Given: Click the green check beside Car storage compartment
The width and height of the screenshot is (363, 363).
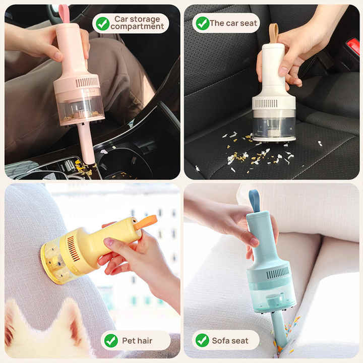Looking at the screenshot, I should pyautogui.click(x=102, y=23).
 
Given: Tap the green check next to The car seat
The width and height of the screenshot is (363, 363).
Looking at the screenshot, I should pyautogui.click(x=202, y=23).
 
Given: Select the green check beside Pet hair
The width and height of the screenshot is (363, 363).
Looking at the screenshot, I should pyautogui.click(x=111, y=340).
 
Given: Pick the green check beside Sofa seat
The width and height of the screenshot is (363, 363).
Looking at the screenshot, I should pyautogui.click(x=202, y=340).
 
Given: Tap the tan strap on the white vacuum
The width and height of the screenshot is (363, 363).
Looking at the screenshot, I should pyautogui.click(x=273, y=32).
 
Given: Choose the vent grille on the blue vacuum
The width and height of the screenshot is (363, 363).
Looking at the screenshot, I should pyautogui.click(x=277, y=273).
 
